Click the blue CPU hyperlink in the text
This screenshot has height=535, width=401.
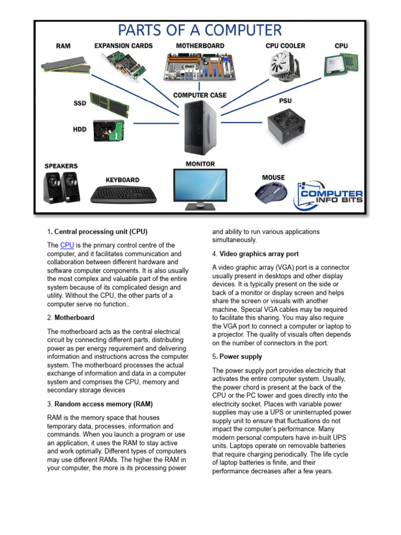[x=67, y=246]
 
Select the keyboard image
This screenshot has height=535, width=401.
[x=123, y=195]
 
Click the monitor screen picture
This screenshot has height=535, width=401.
[x=200, y=186]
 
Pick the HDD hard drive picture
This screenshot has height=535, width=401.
[x=109, y=130]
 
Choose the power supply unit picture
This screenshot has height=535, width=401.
[x=286, y=125]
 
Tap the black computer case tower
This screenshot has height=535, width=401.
[x=199, y=126]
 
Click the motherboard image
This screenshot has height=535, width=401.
[x=199, y=66]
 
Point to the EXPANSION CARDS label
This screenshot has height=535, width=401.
[x=124, y=46]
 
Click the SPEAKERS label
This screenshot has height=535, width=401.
[x=61, y=166]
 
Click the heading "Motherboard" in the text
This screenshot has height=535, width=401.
[x=75, y=318]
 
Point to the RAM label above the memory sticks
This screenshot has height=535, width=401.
[x=63, y=46]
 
